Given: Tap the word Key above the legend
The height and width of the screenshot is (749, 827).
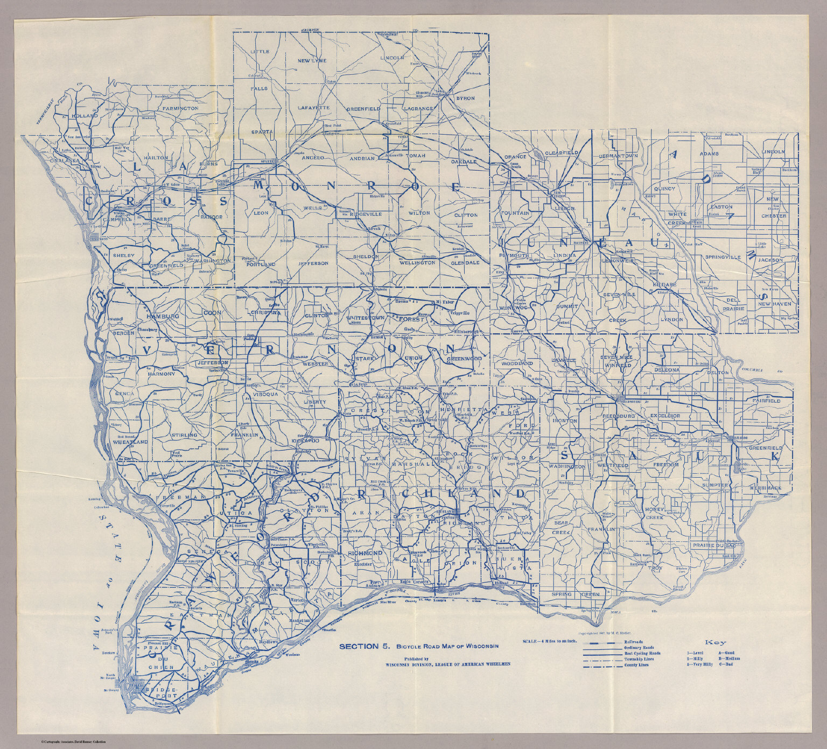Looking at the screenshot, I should (x=716, y=642).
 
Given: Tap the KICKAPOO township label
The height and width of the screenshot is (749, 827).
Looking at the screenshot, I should (x=306, y=440).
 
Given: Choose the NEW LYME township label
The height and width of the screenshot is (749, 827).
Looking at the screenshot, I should (x=312, y=61).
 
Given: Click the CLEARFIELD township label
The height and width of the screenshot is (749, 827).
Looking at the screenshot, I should (x=562, y=153).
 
